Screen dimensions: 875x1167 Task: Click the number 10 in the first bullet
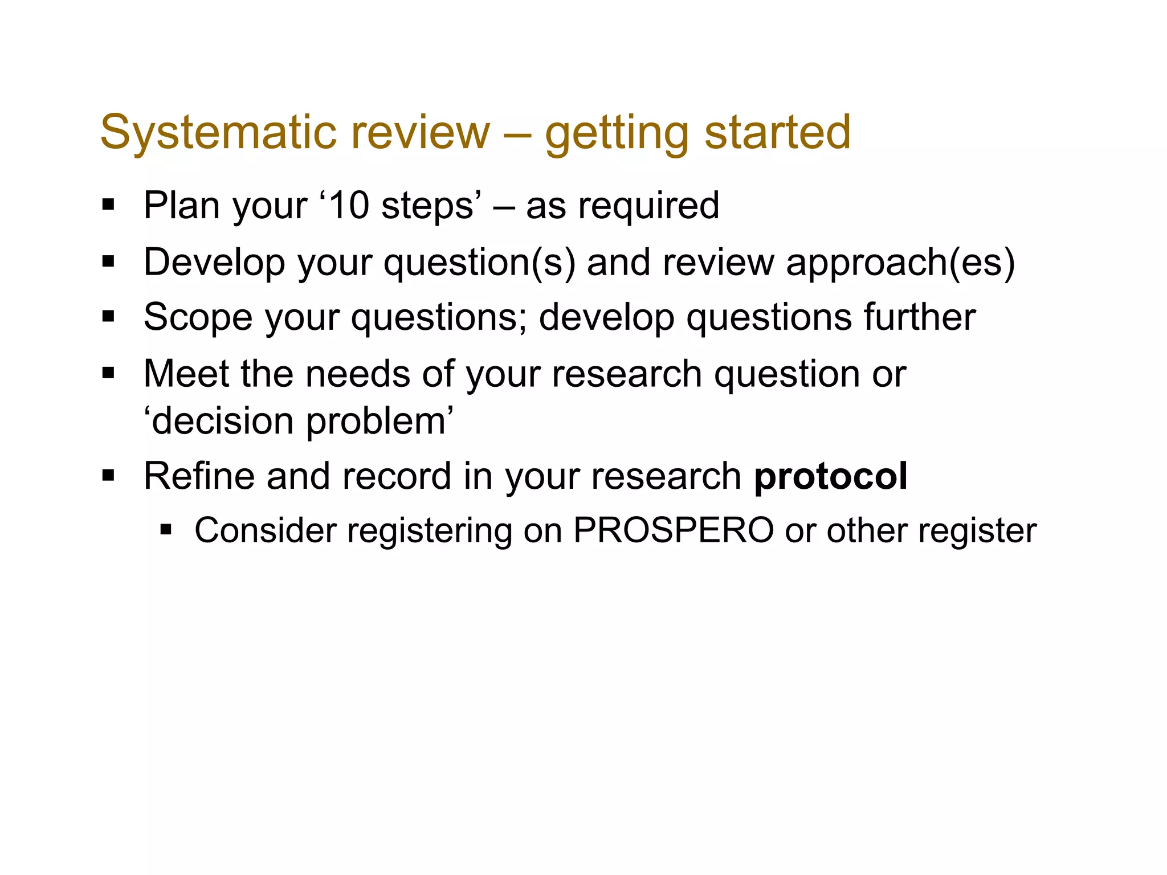coord(349,206)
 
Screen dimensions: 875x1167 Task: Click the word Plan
coord(181,206)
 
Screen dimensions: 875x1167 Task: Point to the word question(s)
coord(479,263)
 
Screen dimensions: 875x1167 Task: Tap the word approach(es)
coord(900,263)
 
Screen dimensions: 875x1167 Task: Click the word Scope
coord(198,318)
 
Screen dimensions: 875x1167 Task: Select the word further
coord(920,317)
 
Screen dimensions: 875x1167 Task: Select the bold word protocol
coord(830,477)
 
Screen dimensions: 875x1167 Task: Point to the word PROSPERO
coord(673,531)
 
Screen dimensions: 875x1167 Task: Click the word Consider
coord(266,531)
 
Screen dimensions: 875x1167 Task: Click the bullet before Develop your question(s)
coord(108,261)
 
